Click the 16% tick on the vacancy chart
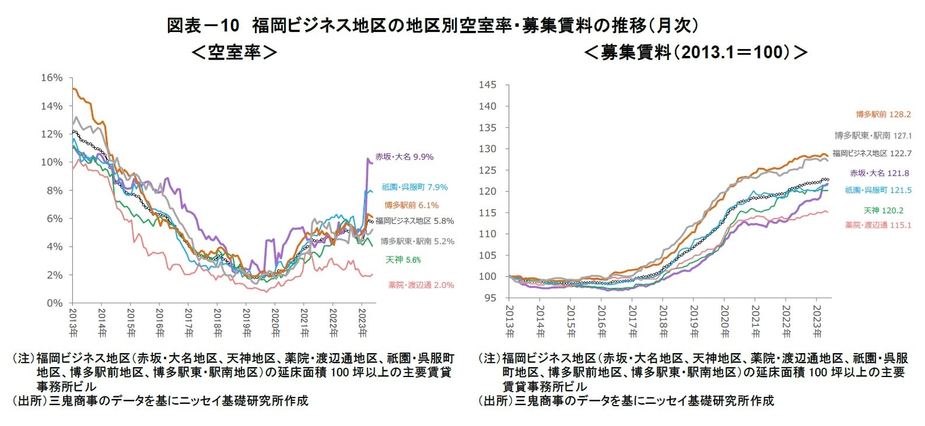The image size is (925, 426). pyautogui.click(x=51, y=78)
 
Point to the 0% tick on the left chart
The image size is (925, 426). pyautogui.click(x=54, y=303)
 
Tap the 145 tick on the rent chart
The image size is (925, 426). pyautogui.click(x=488, y=85)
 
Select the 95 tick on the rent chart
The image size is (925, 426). pyautogui.click(x=490, y=298)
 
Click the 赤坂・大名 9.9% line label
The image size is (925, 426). pyautogui.click(x=404, y=157)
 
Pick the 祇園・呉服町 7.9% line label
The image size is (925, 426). pyautogui.click(x=415, y=187)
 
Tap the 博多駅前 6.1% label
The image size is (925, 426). pyautogui.click(x=411, y=205)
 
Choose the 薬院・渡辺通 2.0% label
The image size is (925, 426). pyautogui.click(x=421, y=285)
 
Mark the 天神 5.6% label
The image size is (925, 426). pyautogui.click(x=403, y=260)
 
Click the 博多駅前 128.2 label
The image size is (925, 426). pyautogui.click(x=883, y=115)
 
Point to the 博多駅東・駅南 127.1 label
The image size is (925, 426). pyautogui.click(x=873, y=136)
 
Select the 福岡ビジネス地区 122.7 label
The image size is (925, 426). pyautogui.click(x=871, y=153)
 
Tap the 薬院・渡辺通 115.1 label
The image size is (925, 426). pyautogui.click(x=878, y=225)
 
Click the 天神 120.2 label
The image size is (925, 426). pyautogui.click(x=883, y=210)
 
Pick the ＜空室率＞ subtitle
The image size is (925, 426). pyautogui.click(x=234, y=52)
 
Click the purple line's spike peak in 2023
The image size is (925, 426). pyautogui.click(x=368, y=159)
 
